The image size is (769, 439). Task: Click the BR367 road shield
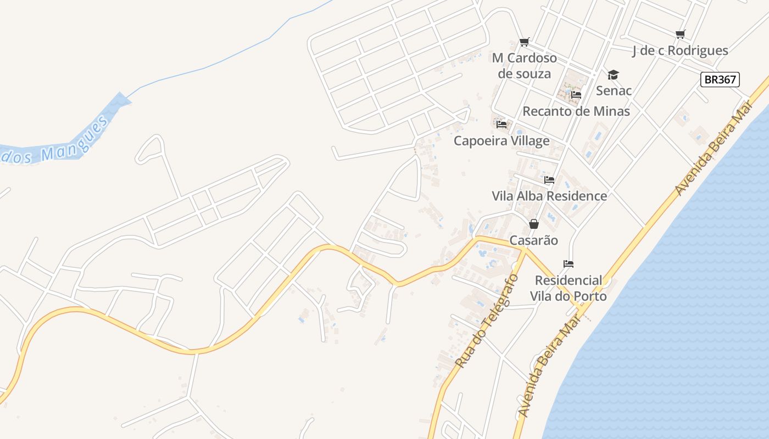tap(720, 80)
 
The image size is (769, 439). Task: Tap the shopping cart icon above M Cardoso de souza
tap(525, 42)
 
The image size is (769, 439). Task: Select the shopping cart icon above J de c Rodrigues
tap(681, 35)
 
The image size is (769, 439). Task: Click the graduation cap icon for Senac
tap(613, 75)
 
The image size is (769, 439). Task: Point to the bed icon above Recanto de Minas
tap(576, 95)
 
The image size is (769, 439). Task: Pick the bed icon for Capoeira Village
tap(501, 125)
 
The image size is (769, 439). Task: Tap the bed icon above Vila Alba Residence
tap(549, 180)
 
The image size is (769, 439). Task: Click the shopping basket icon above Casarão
tap(533, 224)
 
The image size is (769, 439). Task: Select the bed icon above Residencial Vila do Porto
tap(569, 264)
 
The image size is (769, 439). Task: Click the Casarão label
tap(533, 240)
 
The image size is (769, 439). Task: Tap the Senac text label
tap(614, 91)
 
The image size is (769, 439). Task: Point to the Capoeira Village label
tap(501, 141)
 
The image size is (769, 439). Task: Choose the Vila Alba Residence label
tap(549, 196)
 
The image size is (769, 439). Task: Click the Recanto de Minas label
tap(576, 111)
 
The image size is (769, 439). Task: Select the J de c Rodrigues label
tap(680, 51)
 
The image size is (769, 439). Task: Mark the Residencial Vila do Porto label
tap(569, 288)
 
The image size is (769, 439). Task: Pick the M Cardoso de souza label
tap(524, 66)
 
